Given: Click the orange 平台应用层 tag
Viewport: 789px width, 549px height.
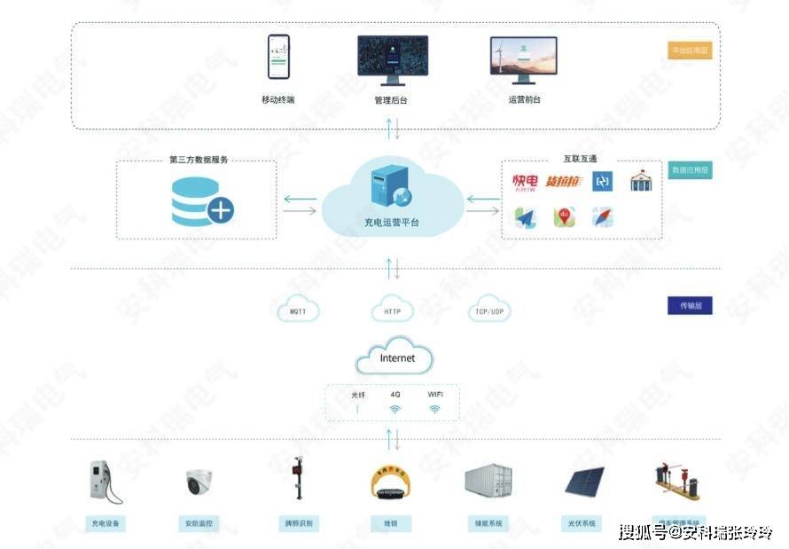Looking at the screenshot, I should pos(690,51).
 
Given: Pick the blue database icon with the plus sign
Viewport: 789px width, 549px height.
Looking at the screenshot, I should pos(201,200).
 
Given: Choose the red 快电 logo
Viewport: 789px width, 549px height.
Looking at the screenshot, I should pos(525,183).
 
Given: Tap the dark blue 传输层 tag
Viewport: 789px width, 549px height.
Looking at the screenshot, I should pos(690,306).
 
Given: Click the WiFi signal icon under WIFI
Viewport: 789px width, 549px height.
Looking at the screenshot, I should pos(435,409).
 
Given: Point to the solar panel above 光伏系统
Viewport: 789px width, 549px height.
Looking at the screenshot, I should pos(584,482).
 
